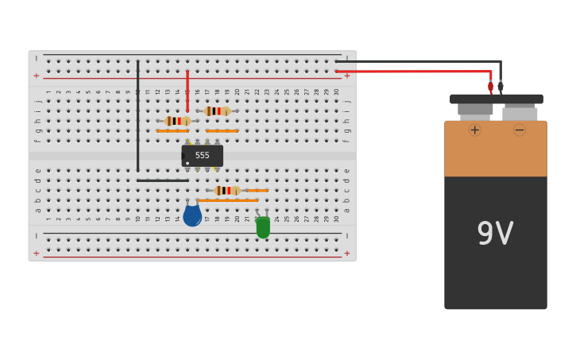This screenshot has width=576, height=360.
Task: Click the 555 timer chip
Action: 203,156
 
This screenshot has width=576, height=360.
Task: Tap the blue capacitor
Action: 192,215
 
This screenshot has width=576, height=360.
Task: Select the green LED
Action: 263,227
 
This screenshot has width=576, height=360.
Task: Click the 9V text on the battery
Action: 495,234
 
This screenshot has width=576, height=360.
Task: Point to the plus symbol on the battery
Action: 474,130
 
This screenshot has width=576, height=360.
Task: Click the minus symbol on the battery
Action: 520,130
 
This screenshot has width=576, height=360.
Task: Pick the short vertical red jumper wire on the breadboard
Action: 187,91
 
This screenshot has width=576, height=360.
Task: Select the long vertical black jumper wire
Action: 137,115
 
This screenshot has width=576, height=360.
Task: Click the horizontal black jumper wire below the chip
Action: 162,180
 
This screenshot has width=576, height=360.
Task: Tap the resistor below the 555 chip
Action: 227,191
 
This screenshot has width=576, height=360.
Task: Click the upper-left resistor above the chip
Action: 177,121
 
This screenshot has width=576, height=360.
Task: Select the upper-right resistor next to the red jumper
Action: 217,111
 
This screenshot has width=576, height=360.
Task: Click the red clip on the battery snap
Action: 490,87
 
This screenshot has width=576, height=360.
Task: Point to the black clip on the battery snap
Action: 501,87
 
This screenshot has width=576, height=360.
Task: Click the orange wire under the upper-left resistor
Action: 172,131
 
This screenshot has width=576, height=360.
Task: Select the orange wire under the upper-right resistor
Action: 222,131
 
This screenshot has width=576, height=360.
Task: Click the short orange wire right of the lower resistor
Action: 257,191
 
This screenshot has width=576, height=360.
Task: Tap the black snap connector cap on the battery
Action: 497,99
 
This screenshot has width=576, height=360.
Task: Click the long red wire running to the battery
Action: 413,72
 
